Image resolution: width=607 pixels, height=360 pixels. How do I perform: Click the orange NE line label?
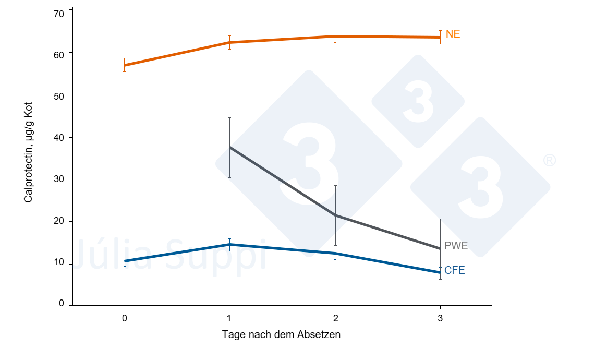453,34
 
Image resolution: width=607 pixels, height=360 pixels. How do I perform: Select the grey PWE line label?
456,246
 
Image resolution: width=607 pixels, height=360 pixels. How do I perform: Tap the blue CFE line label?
455,270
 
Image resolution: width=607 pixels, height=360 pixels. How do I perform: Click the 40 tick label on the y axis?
59,138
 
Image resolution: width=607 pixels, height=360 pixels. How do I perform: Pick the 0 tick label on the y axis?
62,304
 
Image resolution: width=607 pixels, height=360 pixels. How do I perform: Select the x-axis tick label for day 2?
335,319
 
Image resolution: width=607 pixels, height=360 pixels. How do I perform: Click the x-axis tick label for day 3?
440,319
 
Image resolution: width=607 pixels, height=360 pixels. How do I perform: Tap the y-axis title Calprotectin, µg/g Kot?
28,152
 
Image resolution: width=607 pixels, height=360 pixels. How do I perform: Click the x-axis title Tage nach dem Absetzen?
281,334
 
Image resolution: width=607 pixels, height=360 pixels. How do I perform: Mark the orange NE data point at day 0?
124,65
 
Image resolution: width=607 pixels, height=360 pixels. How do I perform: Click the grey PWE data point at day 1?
230,147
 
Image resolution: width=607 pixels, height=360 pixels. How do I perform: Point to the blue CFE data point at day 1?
230,245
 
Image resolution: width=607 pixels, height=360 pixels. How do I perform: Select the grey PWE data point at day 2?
335,215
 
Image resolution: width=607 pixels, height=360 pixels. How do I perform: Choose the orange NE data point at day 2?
335,37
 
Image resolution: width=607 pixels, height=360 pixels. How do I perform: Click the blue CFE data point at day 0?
125,261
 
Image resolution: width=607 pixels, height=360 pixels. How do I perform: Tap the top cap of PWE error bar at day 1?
230,117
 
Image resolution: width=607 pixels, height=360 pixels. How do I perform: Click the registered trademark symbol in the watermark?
549,160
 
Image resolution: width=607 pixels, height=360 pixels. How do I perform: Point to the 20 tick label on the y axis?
59,221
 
